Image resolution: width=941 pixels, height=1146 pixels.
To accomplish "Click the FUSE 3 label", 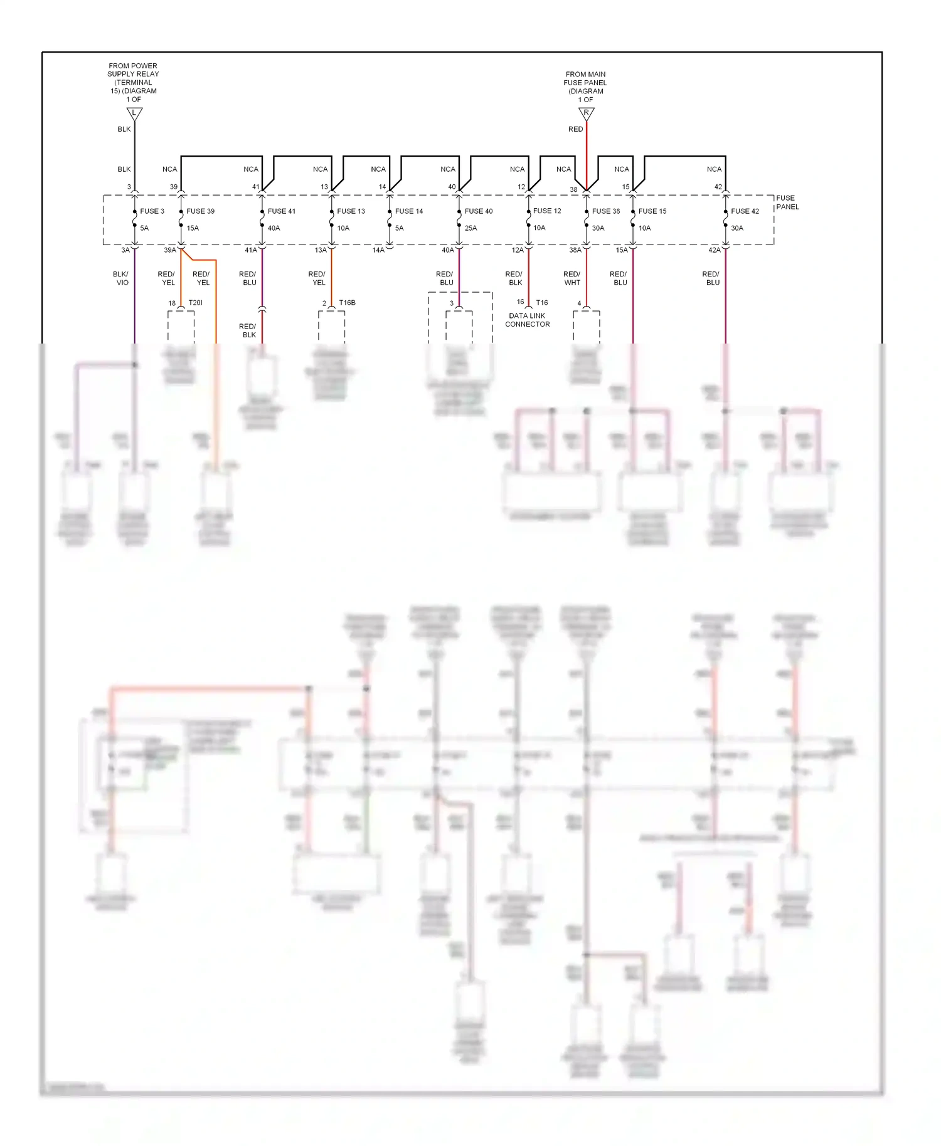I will (152, 211).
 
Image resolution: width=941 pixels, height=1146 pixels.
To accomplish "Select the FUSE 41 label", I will (281, 211).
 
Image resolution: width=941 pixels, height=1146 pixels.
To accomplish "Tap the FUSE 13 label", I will (351, 211).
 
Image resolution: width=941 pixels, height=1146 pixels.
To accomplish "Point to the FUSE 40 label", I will (479, 211).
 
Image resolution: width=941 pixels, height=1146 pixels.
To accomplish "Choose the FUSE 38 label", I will (605, 211).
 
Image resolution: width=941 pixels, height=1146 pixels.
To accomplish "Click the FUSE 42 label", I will (745, 211).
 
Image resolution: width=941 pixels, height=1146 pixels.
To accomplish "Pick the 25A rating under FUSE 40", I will (470, 228).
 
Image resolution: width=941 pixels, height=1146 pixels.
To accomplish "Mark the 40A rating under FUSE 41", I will (274, 228).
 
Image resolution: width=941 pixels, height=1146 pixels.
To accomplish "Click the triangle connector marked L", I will (134, 113).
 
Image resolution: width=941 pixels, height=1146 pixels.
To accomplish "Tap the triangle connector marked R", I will (586, 113).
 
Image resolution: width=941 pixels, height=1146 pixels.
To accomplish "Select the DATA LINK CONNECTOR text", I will (527, 320).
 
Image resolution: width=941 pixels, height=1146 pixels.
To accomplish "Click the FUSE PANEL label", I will (787, 202).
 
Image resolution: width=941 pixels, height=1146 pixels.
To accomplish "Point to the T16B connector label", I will (347, 303).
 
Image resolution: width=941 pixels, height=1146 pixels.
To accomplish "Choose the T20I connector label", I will (195, 303).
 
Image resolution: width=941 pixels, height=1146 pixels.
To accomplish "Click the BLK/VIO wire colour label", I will (121, 278).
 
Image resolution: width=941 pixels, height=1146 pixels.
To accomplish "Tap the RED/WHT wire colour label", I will (572, 278).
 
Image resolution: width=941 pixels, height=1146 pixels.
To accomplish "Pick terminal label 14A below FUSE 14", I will (378, 250).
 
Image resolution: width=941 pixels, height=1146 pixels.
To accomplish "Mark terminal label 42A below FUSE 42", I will (714, 250).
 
